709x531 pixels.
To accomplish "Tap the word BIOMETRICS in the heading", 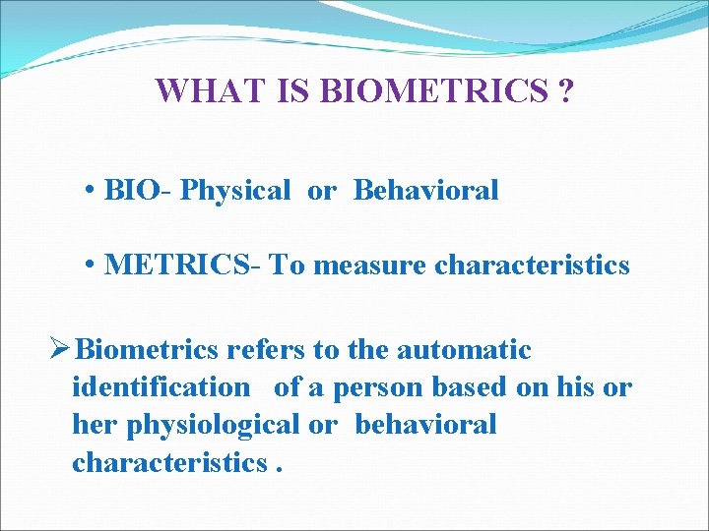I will click(x=434, y=91).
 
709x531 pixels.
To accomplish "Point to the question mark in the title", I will click(x=566, y=91).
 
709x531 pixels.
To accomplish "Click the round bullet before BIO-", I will click(x=90, y=191).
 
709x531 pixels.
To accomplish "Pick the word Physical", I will click(x=235, y=190).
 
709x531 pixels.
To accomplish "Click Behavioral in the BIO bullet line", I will click(x=425, y=190).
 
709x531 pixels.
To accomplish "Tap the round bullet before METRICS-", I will click(x=90, y=265).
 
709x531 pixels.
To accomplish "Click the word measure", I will click(x=370, y=265).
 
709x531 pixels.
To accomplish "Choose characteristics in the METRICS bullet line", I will click(x=532, y=265).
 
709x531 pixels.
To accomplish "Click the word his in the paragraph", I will click(x=572, y=387).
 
